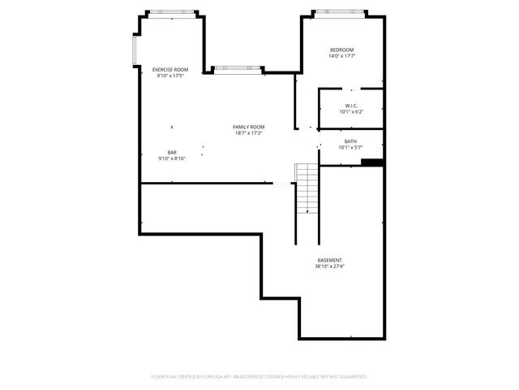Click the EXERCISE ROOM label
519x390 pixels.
170,70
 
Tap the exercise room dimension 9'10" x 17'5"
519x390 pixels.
170,76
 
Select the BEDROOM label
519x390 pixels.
341,50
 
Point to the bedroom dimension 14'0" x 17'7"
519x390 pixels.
341,57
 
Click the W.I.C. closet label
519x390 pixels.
351,106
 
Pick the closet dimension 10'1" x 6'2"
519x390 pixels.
351,112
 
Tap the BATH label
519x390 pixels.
350,141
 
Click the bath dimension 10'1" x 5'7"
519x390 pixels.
350,148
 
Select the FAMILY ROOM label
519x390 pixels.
249,127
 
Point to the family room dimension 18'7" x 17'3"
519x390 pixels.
249,133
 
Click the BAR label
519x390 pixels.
172,152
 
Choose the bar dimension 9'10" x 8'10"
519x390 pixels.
172,158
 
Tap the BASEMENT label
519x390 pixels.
329,260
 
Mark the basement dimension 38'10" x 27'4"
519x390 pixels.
329,266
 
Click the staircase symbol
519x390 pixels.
307,188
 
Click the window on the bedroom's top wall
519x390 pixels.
341,12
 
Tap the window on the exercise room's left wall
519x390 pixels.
135,51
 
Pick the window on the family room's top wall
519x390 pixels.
238,68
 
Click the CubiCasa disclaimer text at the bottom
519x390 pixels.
259,377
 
